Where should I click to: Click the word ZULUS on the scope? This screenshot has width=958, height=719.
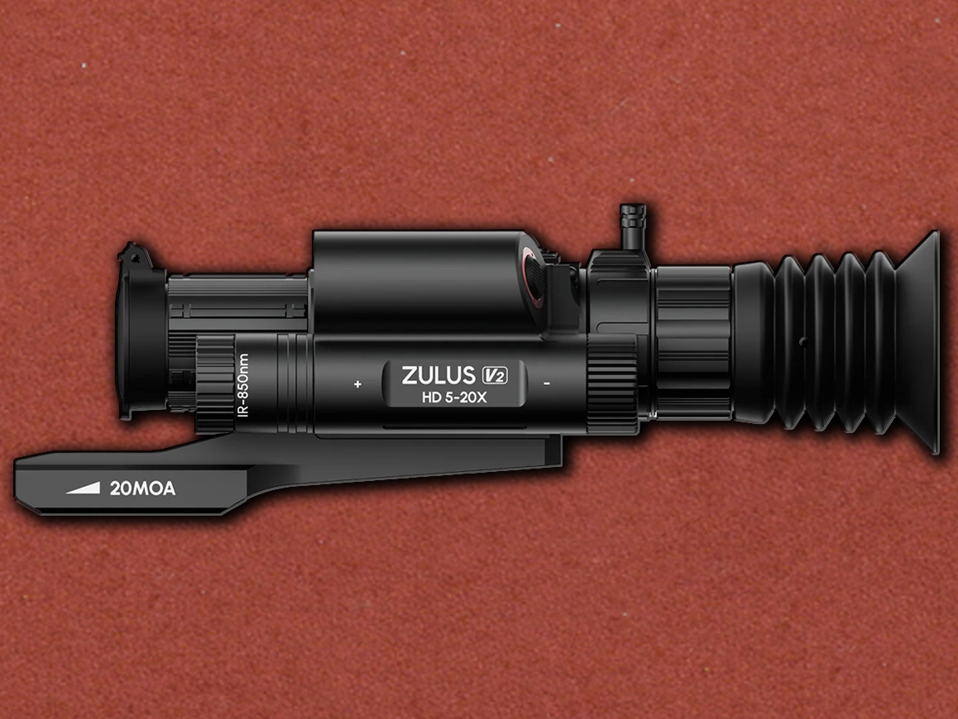coord(438,374)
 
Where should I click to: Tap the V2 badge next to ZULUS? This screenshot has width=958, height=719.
coord(494,374)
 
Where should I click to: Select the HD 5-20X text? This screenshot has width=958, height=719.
coord(454,398)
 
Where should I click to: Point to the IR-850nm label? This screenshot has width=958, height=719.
coord(242,385)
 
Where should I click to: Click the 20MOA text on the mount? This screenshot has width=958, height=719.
coord(142,488)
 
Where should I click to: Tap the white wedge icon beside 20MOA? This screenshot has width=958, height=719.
coord(83,488)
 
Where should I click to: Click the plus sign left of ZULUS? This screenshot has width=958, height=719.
coord(357,384)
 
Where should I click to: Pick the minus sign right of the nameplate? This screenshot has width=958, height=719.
coord(547,383)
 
